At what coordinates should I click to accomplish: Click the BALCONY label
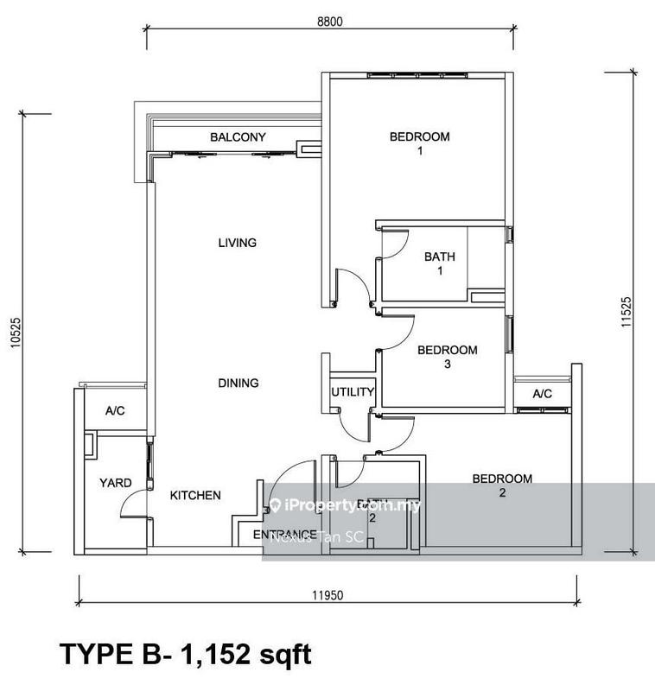coord(238,137)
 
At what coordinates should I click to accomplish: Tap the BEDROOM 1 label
coord(419,143)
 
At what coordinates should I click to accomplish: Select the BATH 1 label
coord(439,263)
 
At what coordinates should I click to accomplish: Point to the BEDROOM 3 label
coord(447,357)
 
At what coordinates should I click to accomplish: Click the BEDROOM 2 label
coord(501,486)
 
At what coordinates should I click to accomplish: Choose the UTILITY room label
coord(353,392)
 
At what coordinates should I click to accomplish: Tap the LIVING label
coord(238,243)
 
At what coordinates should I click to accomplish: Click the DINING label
coord(238,383)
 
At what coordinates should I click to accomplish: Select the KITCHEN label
coord(194,496)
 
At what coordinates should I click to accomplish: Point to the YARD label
coord(115,483)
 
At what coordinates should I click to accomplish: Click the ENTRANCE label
coord(283,535)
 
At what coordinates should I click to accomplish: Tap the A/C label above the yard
coord(115,411)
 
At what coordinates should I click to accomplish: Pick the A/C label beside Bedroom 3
coord(542,394)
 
